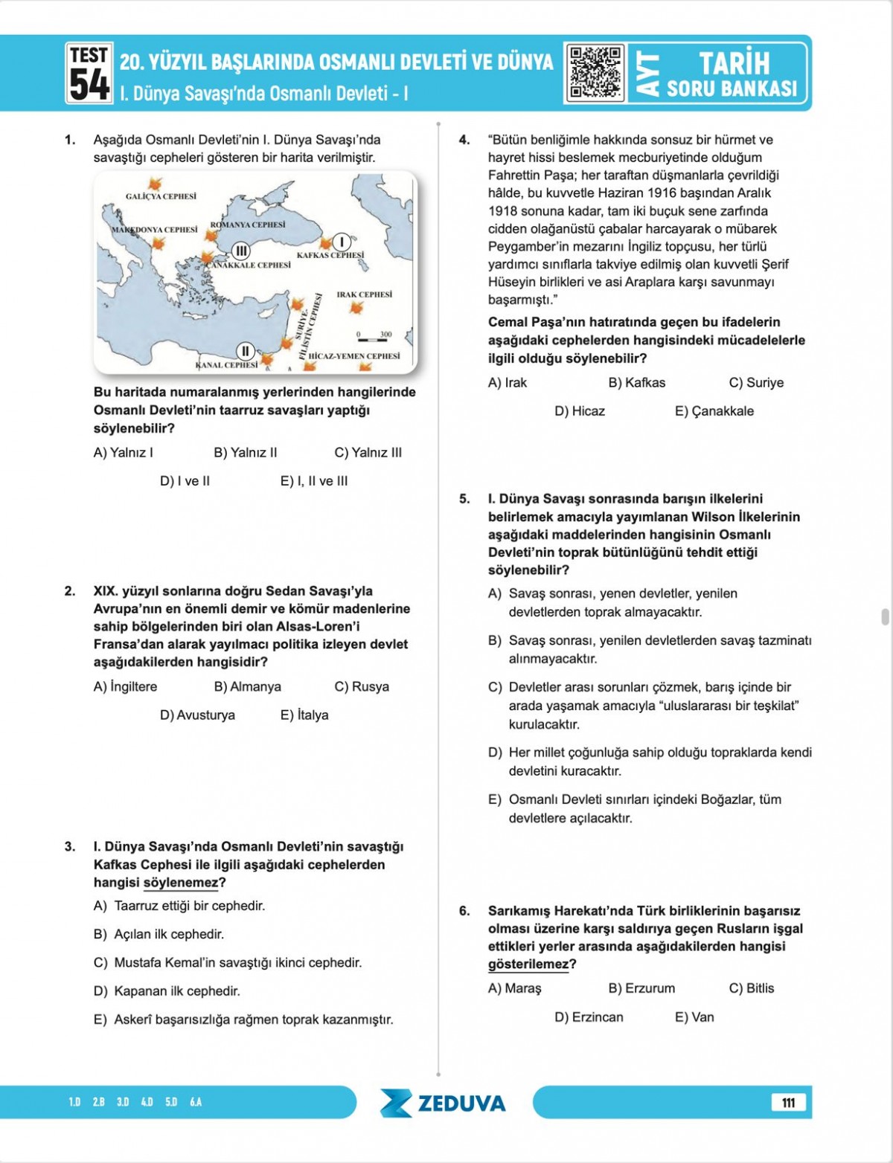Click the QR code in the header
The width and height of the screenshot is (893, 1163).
click(595, 73)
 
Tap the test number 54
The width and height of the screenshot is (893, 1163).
click(89, 84)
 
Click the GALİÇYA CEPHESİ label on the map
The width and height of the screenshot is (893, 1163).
click(161, 196)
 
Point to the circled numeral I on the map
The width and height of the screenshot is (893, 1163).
click(341, 242)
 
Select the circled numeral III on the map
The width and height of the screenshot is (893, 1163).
click(240, 251)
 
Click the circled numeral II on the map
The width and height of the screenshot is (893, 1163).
click(245, 351)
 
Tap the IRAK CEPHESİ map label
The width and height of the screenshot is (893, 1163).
click(364, 294)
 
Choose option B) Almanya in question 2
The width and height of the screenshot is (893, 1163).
click(247, 686)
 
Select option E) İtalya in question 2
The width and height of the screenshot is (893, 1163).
click(304, 715)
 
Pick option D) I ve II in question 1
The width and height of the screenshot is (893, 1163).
click(185, 481)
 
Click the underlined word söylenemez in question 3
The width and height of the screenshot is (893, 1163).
click(181, 883)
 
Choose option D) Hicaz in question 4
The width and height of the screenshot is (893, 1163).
click(579, 411)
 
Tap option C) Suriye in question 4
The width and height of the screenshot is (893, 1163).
click(756, 383)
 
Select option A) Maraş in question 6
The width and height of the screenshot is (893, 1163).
click(514, 988)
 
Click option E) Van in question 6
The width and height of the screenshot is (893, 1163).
click(694, 1017)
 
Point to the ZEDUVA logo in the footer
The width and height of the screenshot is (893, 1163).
click(443, 1103)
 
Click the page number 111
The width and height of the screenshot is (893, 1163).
click(788, 1103)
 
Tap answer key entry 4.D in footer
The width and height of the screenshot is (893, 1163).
click(147, 1102)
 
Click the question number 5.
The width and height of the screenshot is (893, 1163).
click(464, 499)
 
